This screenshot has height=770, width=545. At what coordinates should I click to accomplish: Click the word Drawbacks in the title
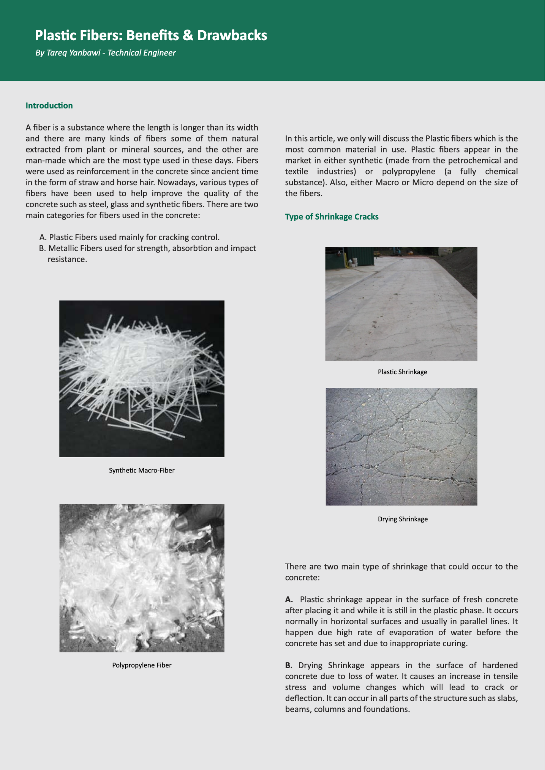tap(232, 36)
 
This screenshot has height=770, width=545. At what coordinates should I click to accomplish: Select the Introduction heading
tap(49, 106)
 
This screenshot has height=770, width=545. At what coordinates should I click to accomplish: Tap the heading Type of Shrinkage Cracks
tap(332, 217)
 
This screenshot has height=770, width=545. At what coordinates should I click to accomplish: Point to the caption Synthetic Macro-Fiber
tap(142, 470)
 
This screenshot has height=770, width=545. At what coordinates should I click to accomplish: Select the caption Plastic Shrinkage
tap(402, 372)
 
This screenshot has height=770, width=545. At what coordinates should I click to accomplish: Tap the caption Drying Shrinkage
tap(403, 519)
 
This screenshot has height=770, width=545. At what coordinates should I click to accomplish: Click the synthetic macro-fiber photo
tap(142, 379)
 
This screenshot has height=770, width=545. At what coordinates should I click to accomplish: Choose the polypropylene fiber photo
tap(142, 578)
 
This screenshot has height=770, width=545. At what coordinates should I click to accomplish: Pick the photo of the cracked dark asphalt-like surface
tap(401, 447)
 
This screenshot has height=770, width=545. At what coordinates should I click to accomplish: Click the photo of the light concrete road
tap(401, 304)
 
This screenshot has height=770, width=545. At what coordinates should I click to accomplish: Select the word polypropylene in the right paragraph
tap(408, 171)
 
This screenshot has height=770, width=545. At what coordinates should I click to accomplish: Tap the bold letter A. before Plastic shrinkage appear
tap(289, 600)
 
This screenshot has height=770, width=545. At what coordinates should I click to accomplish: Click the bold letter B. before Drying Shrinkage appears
tap(289, 665)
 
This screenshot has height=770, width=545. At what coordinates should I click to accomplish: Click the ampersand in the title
tap(188, 36)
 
